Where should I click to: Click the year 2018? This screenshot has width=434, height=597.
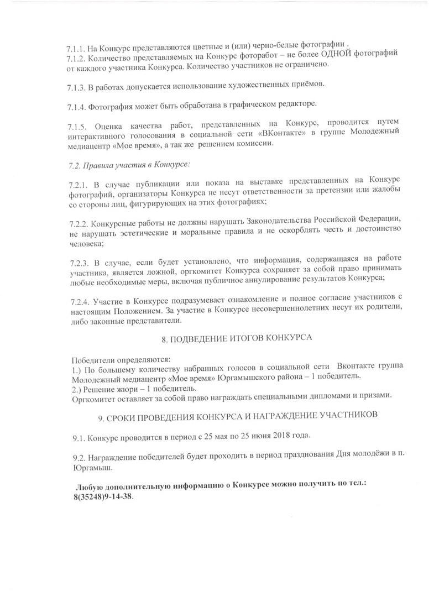click(282, 436)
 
